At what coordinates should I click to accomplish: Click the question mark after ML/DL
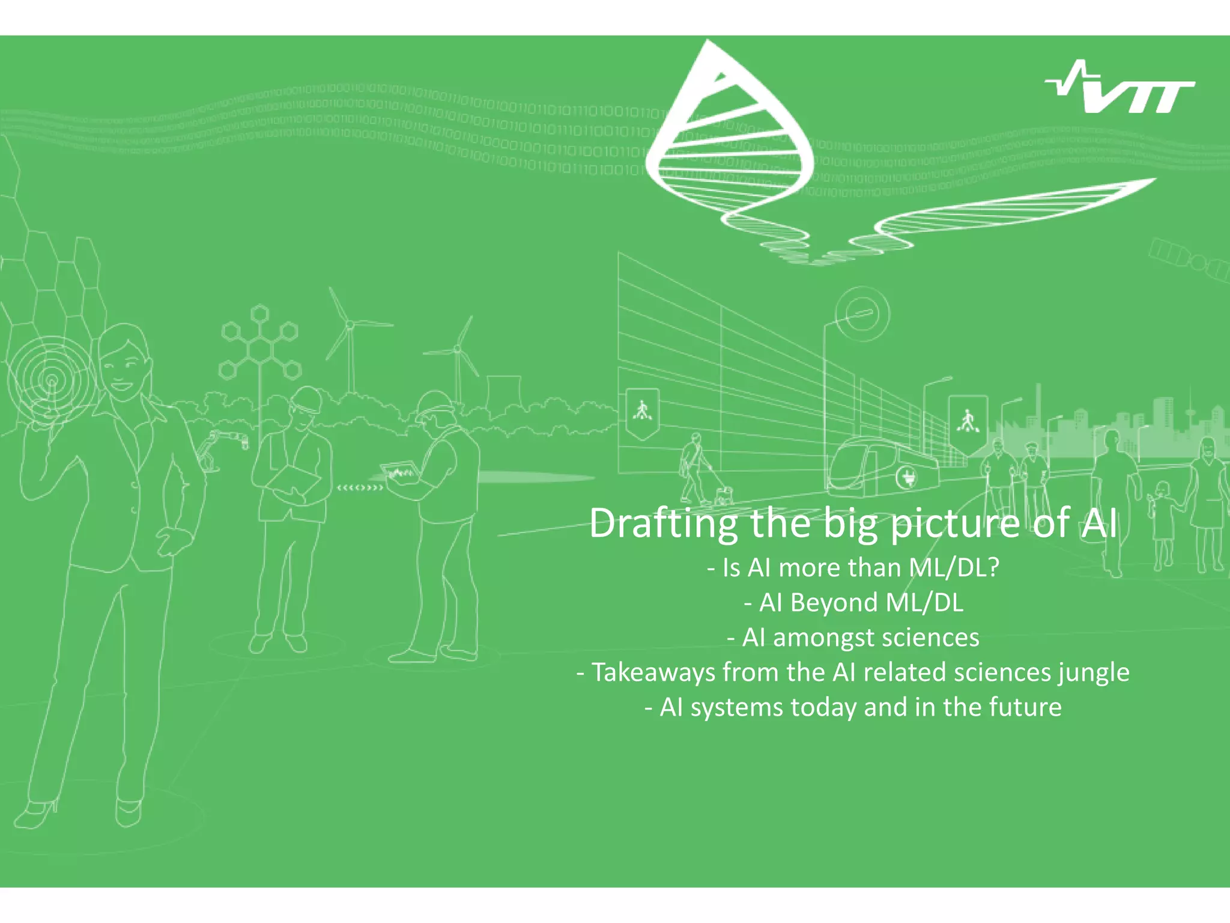992,568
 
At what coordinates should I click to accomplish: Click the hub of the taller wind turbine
348,324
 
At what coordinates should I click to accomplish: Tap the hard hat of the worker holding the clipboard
306,397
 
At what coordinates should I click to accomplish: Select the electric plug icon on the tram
907,478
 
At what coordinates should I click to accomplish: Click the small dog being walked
723,495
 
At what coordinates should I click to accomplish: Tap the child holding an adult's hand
1162,523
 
